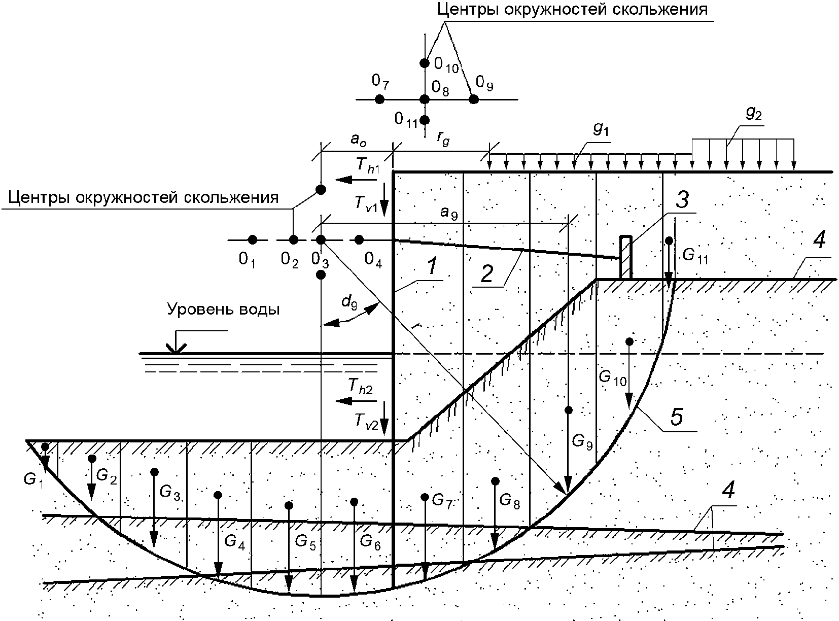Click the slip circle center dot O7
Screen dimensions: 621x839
(379, 99)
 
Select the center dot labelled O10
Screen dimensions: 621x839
(425, 63)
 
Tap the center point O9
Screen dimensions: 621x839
(473, 99)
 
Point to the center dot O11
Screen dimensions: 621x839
(425, 120)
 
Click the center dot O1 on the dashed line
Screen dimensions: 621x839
(252, 239)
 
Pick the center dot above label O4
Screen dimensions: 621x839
(359, 239)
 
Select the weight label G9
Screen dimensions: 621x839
(582, 441)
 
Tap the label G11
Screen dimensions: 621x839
(694, 255)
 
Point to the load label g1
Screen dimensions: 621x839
(601, 130)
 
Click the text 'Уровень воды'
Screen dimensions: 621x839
(223, 309)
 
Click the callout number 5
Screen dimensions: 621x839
(677, 417)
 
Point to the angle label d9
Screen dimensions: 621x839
(348, 302)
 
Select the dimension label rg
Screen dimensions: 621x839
(443, 141)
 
